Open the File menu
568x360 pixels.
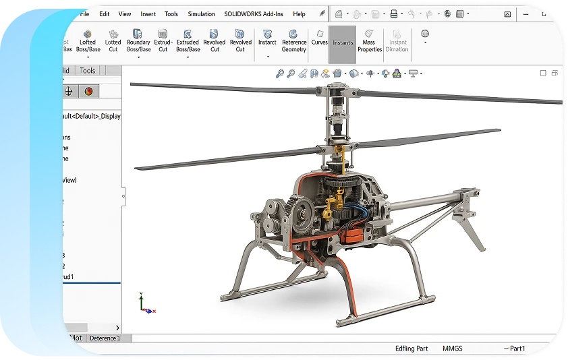tap(84, 13)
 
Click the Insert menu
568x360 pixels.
tap(148, 13)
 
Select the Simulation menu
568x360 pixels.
tap(201, 13)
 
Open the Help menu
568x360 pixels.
tap(299, 13)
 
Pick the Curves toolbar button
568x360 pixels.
tap(319, 42)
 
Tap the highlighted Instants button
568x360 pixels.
tap(343, 43)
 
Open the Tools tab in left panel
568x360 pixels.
tap(88, 71)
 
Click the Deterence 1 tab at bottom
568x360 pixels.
tap(105, 338)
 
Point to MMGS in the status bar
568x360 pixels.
tap(453, 349)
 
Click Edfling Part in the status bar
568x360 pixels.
tap(411, 349)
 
